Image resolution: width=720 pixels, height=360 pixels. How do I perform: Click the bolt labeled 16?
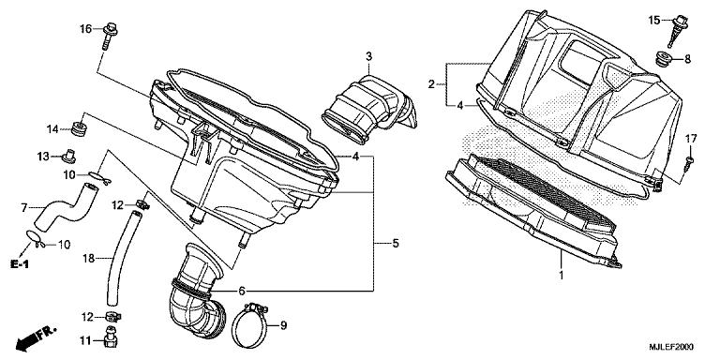coord(110,35)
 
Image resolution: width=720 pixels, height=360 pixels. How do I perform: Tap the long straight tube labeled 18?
coord(124,257)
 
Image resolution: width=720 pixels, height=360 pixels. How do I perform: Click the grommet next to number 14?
coord(80,128)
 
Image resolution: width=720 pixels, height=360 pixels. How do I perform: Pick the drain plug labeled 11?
coord(111,337)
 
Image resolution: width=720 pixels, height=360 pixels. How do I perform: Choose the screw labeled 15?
coord(678,30)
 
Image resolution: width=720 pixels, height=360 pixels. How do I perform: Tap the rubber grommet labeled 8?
coord(663,58)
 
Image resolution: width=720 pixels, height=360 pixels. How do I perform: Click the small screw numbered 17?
coord(689,163)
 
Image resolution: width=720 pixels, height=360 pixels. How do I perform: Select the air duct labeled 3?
coord(370,110)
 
